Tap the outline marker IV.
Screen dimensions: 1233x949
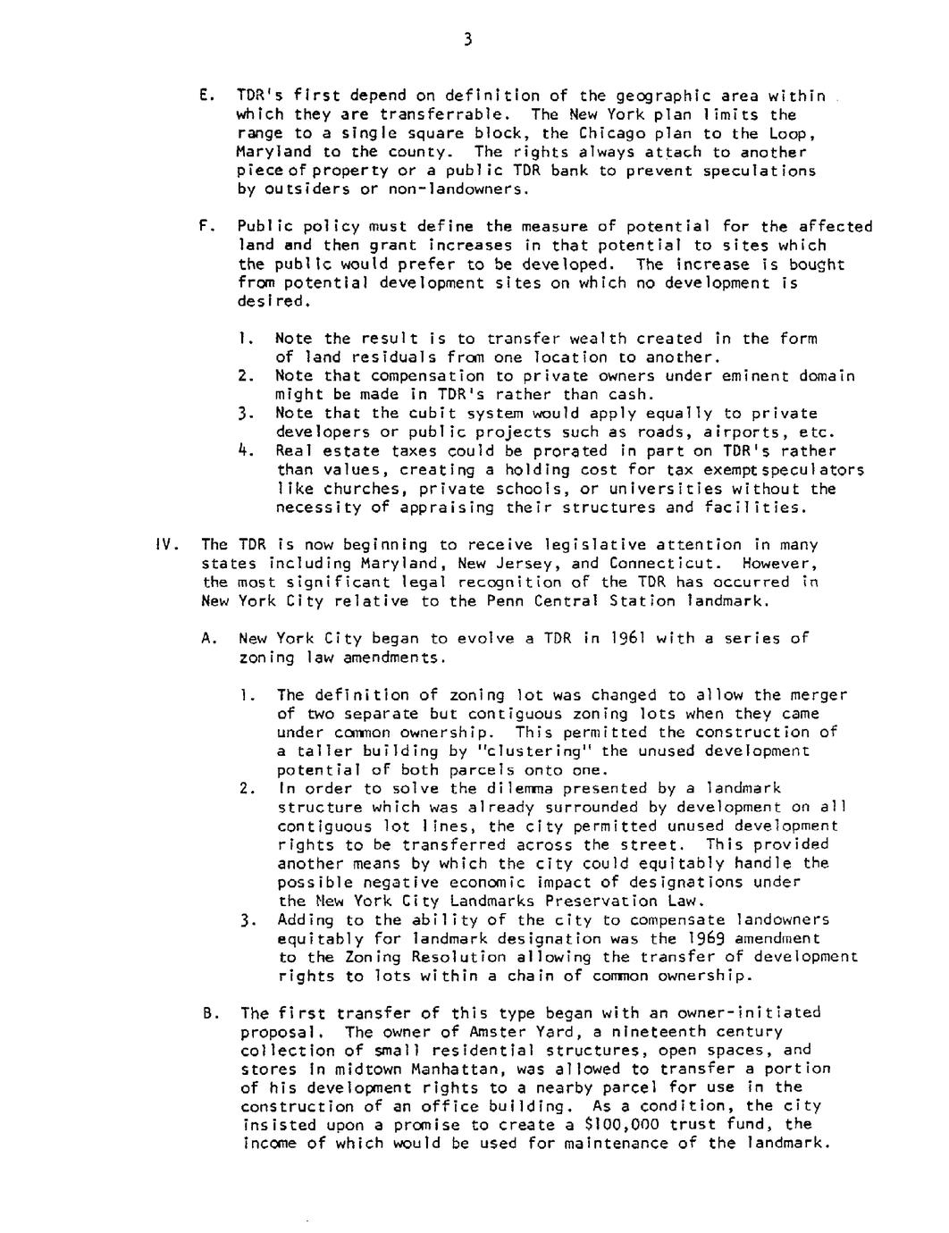(167, 544)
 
